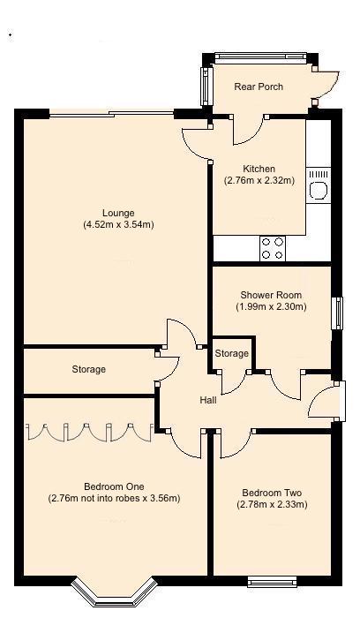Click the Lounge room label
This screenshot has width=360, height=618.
click(x=117, y=212)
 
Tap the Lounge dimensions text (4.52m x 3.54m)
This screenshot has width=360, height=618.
click(x=117, y=224)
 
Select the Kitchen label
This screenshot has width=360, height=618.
click(x=259, y=169)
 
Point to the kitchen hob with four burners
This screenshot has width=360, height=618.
click(x=273, y=248)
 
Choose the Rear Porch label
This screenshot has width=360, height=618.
click(x=259, y=87)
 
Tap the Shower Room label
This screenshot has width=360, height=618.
click(x=271, y=295)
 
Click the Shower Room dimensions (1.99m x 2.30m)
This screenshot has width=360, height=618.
click(x=271, y=307)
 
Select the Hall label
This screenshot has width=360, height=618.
click(x=208, y=400)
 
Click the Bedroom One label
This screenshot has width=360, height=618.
click(x=114, y=486)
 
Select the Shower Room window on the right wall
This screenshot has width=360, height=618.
click(x=336, y=314)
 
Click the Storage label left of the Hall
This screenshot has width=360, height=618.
click(x=88, y=369)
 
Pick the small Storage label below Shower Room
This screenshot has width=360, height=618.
click(x=232, y=353)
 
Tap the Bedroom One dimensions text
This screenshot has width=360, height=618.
click(x=114, y=498)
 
